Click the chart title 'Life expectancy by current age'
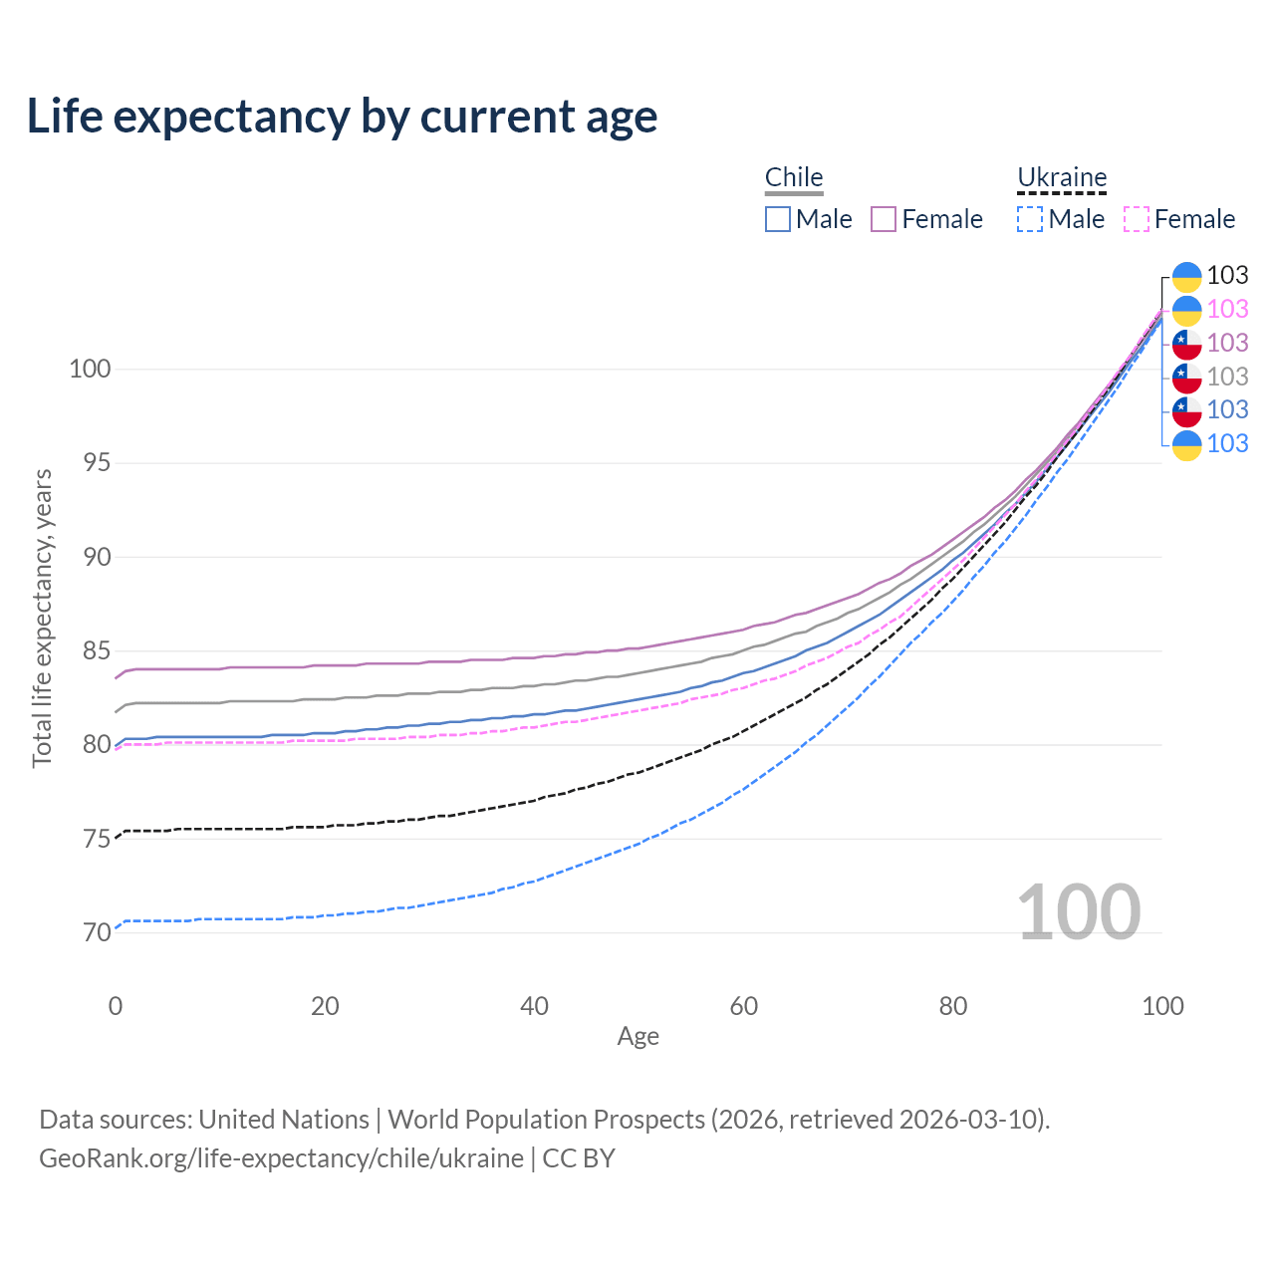coord(342,117)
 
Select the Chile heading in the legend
coord(794,177)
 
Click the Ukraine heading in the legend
coord(1062,177)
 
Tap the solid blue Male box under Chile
coord(778,219)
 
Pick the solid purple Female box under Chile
coord(884,219)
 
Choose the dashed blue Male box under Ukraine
coord(1030,219)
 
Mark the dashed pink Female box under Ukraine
coord(1137,219)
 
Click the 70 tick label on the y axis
coord(96,933)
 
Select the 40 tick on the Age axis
coord(534,1006)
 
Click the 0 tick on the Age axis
coord(116,1006)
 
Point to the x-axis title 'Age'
coord(637,1037)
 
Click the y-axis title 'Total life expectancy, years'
coord(42,618)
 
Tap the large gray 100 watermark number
coord(1078,912)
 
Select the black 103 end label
coord(1227,275)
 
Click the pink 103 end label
coord(1227,309)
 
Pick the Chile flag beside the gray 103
coord(1186,377)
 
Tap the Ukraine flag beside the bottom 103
coord(1186,444)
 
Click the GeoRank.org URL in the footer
coord(281,1158)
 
